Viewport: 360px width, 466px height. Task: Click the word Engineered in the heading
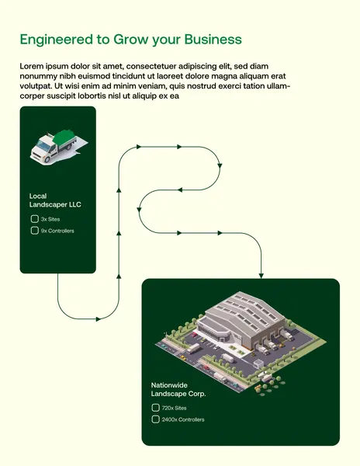57,40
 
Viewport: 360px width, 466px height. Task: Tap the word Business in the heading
213,40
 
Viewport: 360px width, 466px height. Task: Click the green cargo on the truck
63,137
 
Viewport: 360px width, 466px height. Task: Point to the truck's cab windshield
43,145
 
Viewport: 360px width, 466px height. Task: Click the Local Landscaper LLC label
55,200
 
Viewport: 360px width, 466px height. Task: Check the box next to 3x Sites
34,219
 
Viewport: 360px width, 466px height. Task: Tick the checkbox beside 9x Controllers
34,231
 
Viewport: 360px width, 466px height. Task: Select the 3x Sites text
50,219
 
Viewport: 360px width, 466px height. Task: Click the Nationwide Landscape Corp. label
178,389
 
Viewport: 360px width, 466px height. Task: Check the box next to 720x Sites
155,408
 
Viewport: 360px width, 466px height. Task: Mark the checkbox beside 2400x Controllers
155,419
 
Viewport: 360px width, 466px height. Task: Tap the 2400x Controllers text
183,419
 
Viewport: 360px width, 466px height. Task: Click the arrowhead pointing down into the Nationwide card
261,276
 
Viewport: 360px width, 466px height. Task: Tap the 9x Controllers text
57,231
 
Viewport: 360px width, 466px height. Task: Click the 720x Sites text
175,408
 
